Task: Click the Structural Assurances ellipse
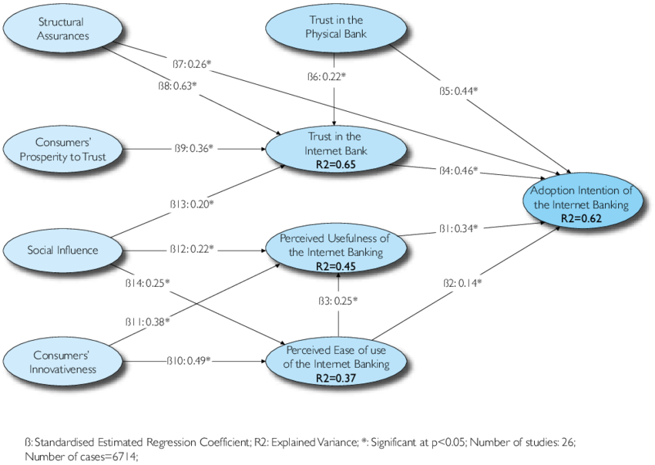(62, 29)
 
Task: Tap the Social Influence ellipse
(62, 250)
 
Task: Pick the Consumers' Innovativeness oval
(63, 362)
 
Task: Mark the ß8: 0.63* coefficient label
(176, 86)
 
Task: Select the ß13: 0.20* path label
(193, 204)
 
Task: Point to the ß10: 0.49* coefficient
(189, 360)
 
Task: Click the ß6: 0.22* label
(327, 76)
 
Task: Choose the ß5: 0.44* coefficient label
(458, 91)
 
